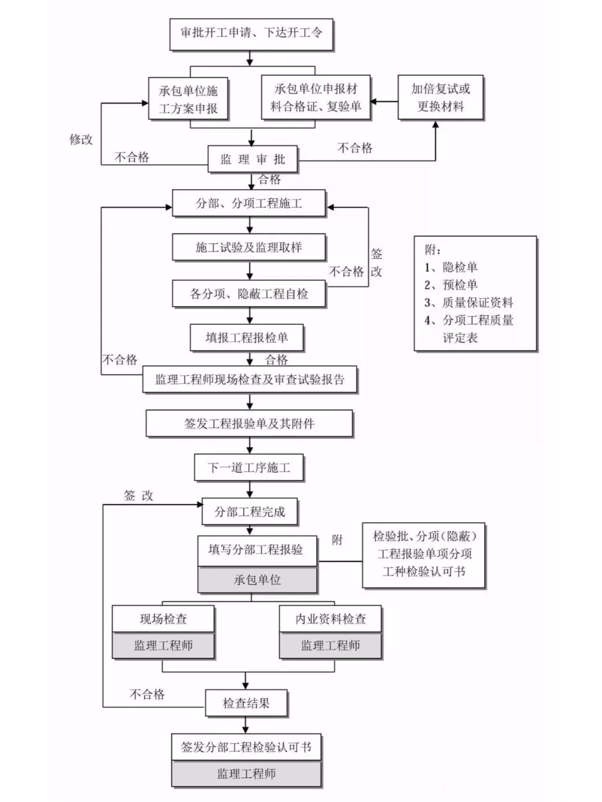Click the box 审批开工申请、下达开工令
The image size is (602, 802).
(x=251, y=33)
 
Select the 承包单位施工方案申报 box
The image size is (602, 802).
(x=188, y=99)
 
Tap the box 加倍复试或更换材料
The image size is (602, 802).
(x=440, y=97)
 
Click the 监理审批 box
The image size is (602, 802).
(x=253, y=160)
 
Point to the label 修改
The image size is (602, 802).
(x=81, y=140)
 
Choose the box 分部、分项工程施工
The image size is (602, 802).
(x=249, y=203)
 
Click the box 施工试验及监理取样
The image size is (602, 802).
(x=249, y=247)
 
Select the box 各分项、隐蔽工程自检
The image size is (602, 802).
(x=249, y=294)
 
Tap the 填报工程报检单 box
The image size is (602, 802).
(x=247, y=338)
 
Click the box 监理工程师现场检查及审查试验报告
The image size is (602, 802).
(x=250, y=380)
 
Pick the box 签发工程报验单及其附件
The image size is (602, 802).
(x=249, y=424)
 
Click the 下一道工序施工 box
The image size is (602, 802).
(x=249, y=468)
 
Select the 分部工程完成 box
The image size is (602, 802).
(x=249, y=512)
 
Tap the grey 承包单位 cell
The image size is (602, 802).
(x=257, y=580)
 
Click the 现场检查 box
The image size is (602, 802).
(x=163, y=619)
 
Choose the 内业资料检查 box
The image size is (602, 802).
(x=331, y=619)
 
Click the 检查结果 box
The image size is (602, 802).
(x=246, y=703)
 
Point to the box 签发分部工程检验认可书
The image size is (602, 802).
(x=246, y=747)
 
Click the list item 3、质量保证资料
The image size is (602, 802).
(x=469, y=302)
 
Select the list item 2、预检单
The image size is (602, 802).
(x=451, y=285)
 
